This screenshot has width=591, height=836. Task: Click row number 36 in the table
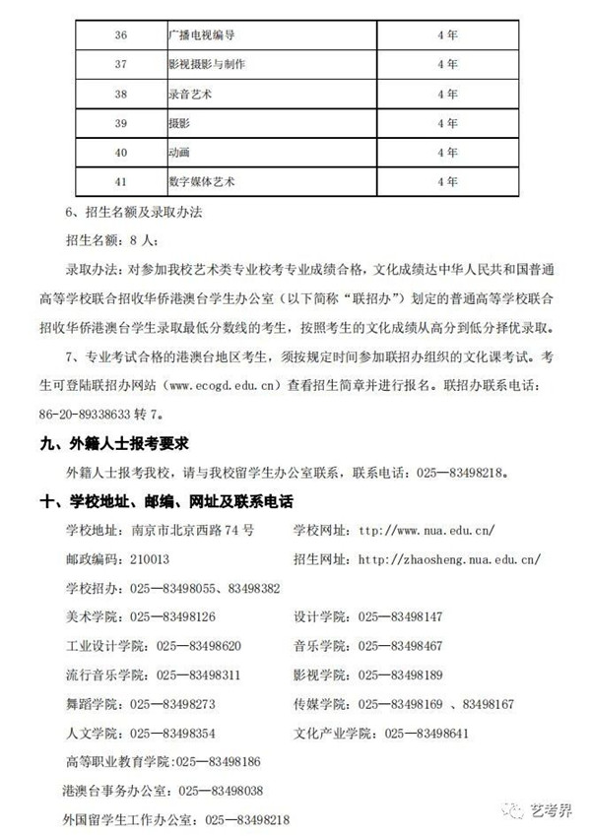click(121, 34)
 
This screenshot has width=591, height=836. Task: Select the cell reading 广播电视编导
click(202, 34)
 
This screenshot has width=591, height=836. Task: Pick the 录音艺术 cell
click(190, 94)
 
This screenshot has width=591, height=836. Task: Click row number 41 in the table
click(121, 182)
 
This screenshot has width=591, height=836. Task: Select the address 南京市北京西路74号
click(193, 530)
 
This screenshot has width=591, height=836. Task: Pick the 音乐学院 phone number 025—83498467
click(401, 646)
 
